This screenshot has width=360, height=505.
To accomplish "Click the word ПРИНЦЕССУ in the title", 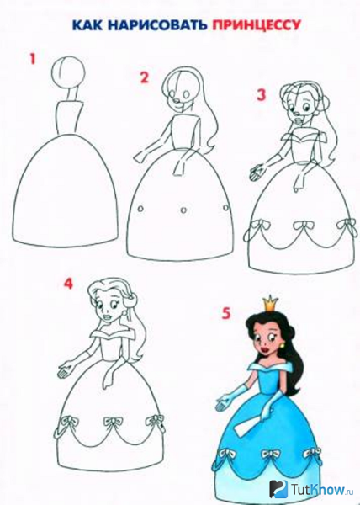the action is pyautogui.click(x=256, y=25).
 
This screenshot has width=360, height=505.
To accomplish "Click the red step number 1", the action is pyautogui.click(x=33, y=59).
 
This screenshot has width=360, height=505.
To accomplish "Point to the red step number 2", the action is pyautogui.click(x=144, y=77).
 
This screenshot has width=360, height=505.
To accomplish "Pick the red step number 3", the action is pyautogui.click(x=262, y=95).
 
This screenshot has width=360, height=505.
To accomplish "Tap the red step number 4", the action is pyautogui.click(x=68, y=284).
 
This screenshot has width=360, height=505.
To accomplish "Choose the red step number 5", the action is pyautogui.click(x=226, y=313).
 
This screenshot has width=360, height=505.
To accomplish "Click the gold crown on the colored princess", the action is pyautogui.click(x=270, y=303).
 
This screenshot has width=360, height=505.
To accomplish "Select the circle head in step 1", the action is pyautogui.click(x=68, y=72).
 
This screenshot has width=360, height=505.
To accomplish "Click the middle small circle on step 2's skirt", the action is pyautogui.click(x=183, y=210).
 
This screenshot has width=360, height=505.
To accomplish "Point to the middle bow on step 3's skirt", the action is pyautogui.click(x=301, y=225).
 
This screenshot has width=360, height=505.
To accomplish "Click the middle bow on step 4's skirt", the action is pyautogui.click(x=112, y=422).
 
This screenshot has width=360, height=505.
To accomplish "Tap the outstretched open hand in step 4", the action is pyautogui.click(x=66, y=370).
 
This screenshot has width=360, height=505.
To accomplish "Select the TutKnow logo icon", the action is pyautogui.click(x=278, y=488).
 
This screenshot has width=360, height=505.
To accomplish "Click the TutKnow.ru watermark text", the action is pyautogui.click(x=321, y=490).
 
